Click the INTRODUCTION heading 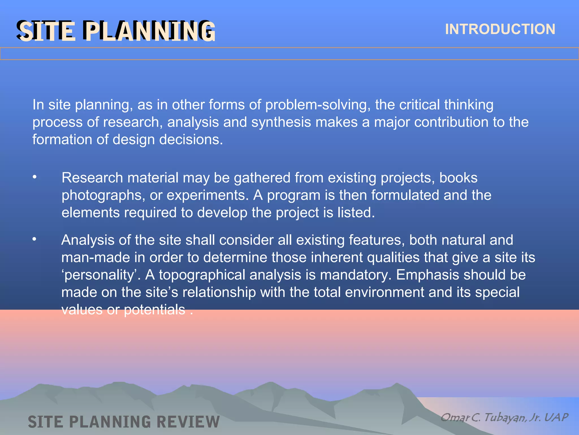[500, 29]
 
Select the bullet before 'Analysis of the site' [34, 240]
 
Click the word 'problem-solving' [318, 105]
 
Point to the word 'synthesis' [281, 122]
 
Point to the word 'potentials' [154, 310]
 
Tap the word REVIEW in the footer [188, 422]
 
